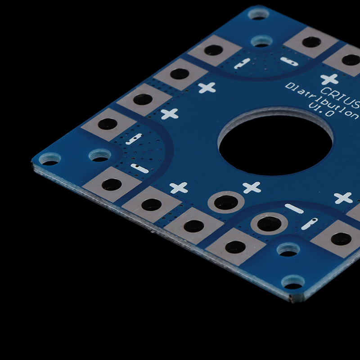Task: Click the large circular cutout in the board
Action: coord(275,144)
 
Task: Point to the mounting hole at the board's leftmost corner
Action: coord(50,159)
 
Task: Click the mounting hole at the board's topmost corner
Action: coord(259,13)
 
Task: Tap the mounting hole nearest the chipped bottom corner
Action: coord(293,282)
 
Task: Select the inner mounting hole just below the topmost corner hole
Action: coord(262,41)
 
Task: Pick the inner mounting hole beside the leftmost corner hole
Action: coord(100,155)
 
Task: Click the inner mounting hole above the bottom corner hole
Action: coord(288,250)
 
